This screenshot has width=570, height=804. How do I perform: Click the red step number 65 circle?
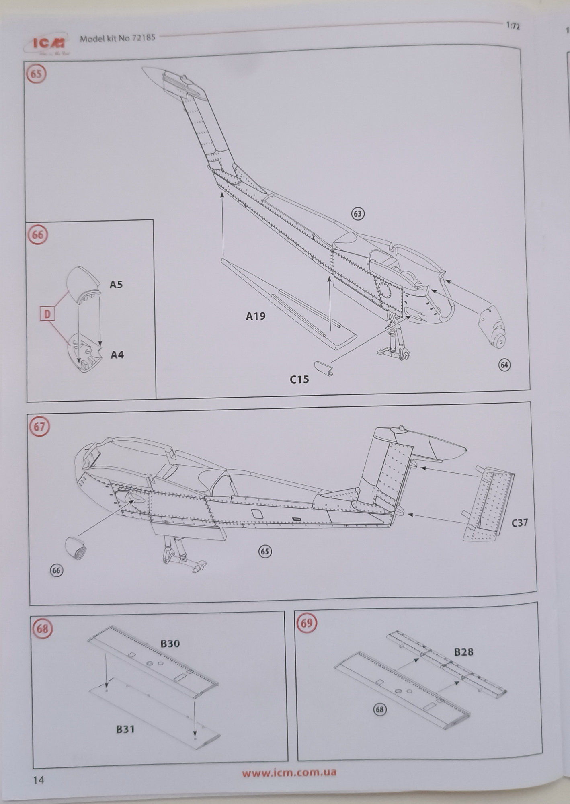[x=36, y=74]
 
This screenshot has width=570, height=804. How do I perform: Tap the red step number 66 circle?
[x=37, y=234]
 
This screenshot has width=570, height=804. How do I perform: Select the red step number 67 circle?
[x=39, y=426]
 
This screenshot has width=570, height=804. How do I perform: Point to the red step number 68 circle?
[x=42, y=628]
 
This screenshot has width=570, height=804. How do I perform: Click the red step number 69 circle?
[x=306, y=623]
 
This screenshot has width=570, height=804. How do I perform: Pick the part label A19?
[x=256, y=316]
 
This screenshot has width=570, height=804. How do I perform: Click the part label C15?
[x=299, y=379]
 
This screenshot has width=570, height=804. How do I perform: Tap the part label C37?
[x=519, y=523]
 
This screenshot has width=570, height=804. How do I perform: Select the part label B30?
[x=170, y=644]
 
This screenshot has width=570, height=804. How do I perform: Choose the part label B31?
[x=125, y=729]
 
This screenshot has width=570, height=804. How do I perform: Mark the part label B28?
[x=463, y=652]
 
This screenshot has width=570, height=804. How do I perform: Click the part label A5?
[x=116, y=285]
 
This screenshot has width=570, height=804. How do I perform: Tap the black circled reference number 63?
[x=357, y=214]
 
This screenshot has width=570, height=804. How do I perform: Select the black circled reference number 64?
[x=504, y=365]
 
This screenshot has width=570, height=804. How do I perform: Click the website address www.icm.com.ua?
[x=289, y=773]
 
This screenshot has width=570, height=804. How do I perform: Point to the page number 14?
[x=39, y=781]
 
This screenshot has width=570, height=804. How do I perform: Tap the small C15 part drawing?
[x=324, y=368]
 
